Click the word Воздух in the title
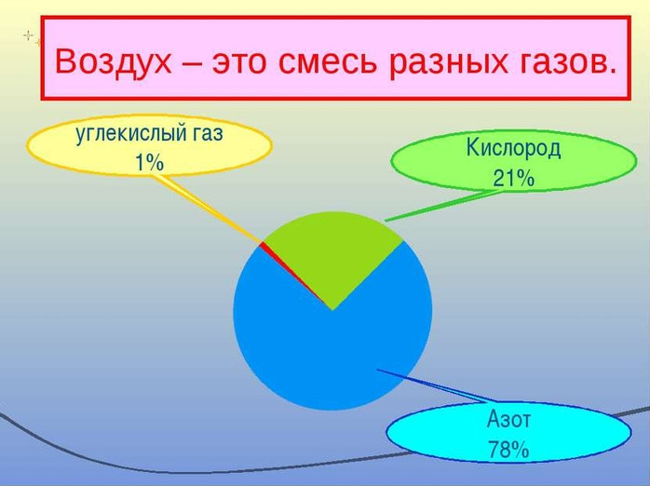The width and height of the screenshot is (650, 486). tap(113, 61)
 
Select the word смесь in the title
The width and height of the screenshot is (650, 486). tap(327, 63)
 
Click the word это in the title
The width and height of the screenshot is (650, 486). tap(238, 63)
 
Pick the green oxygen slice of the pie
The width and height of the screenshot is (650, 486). tap(333, 252)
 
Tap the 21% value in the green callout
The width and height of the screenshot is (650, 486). tap(513, 179)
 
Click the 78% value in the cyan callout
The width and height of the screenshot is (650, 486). tap(508, 449)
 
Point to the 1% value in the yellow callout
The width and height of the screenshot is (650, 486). tap(150, 162)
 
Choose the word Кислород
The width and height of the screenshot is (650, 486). tap(513, 148)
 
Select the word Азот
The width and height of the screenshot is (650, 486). tap(508, 419)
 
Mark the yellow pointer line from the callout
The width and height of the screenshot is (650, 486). tap(208, 208)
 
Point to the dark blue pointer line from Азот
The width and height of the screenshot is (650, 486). tap(435, 385)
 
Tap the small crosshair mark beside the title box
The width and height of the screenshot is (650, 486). tap(28, 35)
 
